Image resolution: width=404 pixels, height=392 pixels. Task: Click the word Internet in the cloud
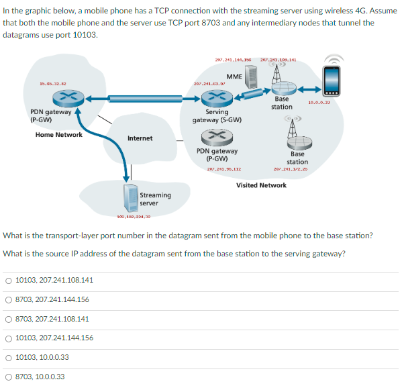click(x=140, y=138)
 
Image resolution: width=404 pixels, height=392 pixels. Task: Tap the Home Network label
click(x=59, y=134)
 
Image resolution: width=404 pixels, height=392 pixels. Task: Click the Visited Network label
click(x=262, y=185)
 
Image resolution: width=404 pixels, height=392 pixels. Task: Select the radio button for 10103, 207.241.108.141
click(x=9, y=280)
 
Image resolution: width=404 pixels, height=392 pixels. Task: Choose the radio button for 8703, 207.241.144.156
click(x=9, y=299)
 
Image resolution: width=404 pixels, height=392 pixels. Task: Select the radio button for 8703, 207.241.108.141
click(x=9, y=319)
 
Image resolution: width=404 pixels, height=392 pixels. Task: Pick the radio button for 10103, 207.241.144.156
click(x=9, y=338)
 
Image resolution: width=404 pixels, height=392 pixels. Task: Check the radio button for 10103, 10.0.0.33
click(x=9, y=357)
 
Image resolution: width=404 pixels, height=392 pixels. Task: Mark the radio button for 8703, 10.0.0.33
click(x=9, y=377)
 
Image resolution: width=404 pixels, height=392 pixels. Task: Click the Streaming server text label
click(x=155, y=199)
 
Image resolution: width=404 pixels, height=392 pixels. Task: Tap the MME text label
click(x=234, y=77)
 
